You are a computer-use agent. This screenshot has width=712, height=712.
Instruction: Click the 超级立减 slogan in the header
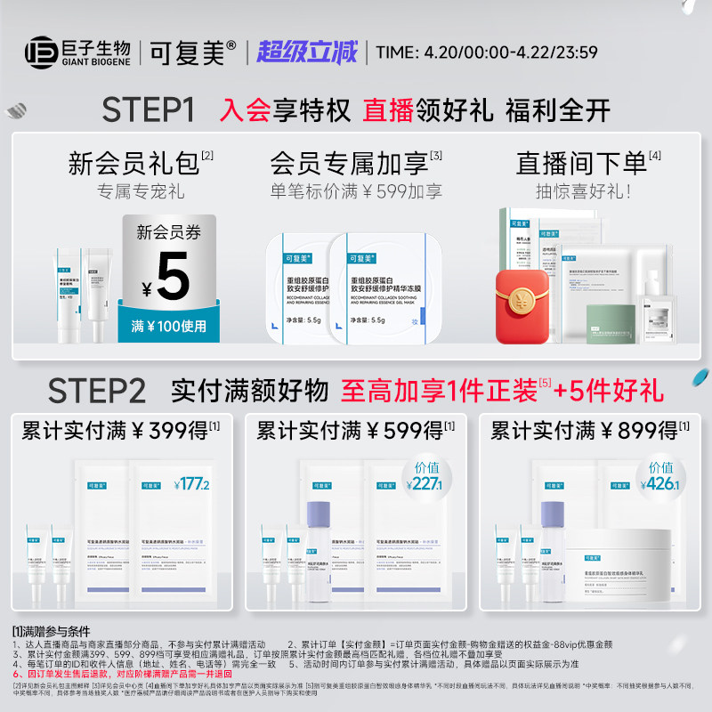[x=307, y=51]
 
